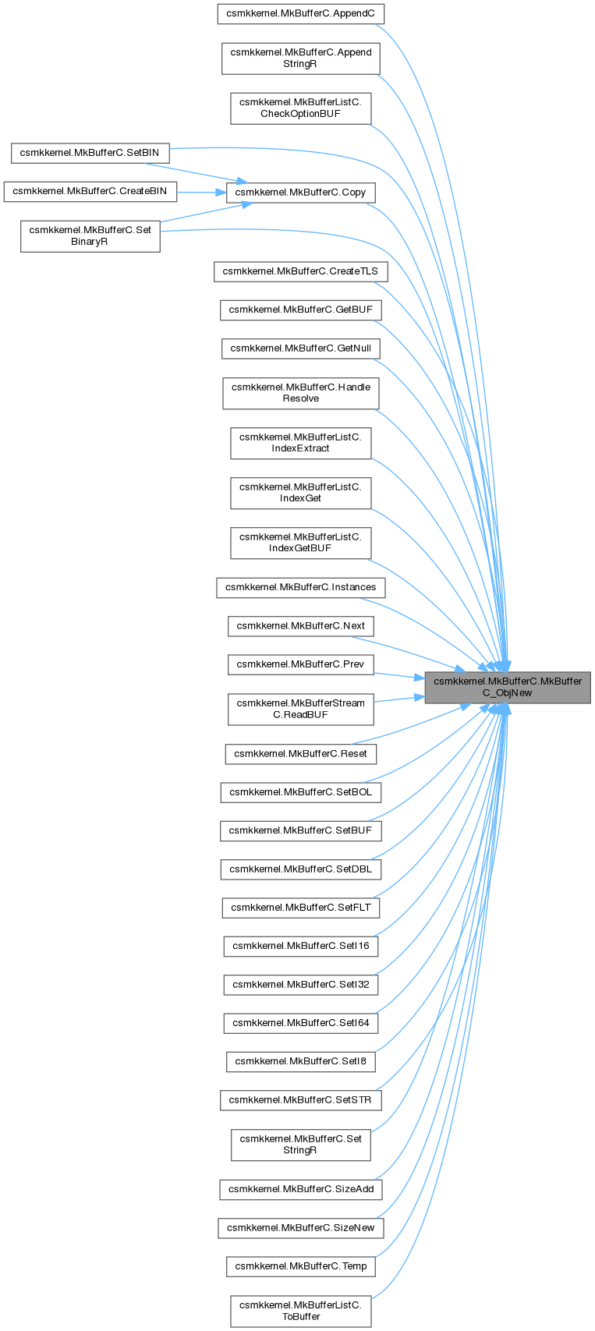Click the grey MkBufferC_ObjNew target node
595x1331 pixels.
(508, 687)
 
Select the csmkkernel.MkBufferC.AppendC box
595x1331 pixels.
(300, 14)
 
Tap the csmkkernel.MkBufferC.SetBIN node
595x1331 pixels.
(90, 153)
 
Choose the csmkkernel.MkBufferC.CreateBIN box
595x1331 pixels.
(90, 191)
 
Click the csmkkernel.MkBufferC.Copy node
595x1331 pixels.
(300, 192)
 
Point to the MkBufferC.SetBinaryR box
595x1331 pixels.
(90, 235)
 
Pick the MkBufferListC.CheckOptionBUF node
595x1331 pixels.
(300, 108)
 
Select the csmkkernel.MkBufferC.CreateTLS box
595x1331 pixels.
(300, 271)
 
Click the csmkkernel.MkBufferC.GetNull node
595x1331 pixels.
(300, 348)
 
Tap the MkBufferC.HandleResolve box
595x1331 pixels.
(300, 392)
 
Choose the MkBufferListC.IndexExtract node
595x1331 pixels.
(300, 442)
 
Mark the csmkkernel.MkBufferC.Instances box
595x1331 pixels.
(300, 587)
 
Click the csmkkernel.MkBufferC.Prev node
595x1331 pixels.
(300, 664)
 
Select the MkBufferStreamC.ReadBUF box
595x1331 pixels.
(300, 708)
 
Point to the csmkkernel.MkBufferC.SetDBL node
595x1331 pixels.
(300, 869)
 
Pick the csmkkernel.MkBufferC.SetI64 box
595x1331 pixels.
(300, 1022)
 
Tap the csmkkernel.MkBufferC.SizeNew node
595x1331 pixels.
(300, 1227)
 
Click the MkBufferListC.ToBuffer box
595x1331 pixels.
(300, 1311)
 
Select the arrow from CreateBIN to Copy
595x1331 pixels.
(200, 192)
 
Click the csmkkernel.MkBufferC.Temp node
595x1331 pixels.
(300, 1266)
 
